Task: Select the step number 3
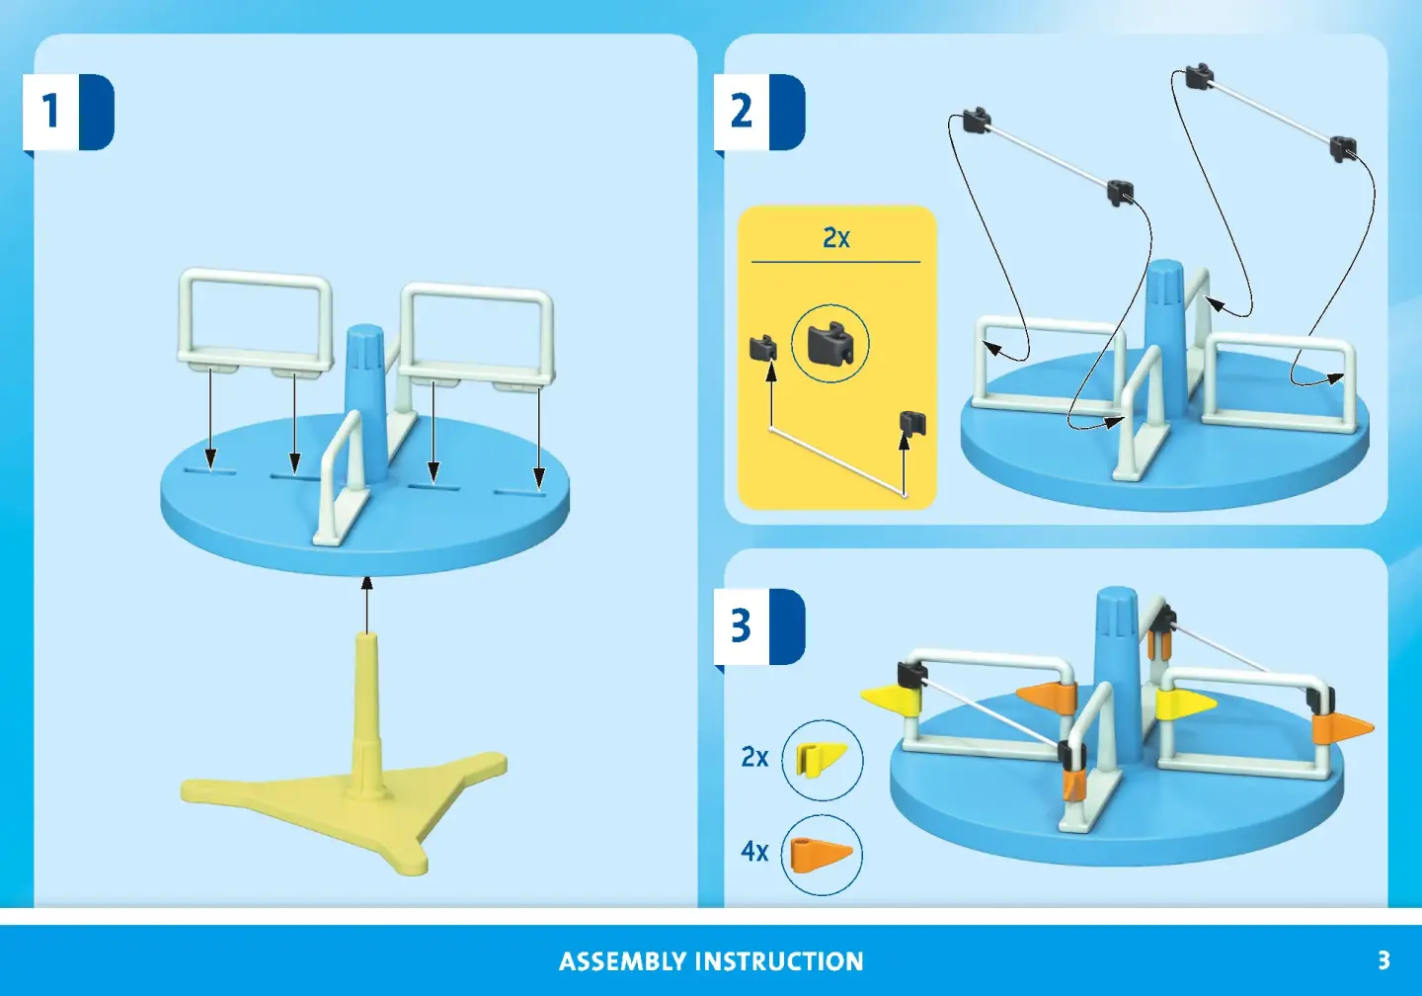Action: (741, 625)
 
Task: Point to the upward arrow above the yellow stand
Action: (366, 604)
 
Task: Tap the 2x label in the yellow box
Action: (836, 237)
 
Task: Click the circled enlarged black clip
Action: (829, 344)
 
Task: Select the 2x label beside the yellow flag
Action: (754, 757)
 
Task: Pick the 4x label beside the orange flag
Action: (754, 851)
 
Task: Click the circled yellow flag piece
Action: (822, 760)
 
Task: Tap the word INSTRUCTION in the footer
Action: (780, 961)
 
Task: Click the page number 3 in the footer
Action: (1383, 959)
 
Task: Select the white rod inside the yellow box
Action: (838, 461)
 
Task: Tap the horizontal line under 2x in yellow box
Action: (836, 262)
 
